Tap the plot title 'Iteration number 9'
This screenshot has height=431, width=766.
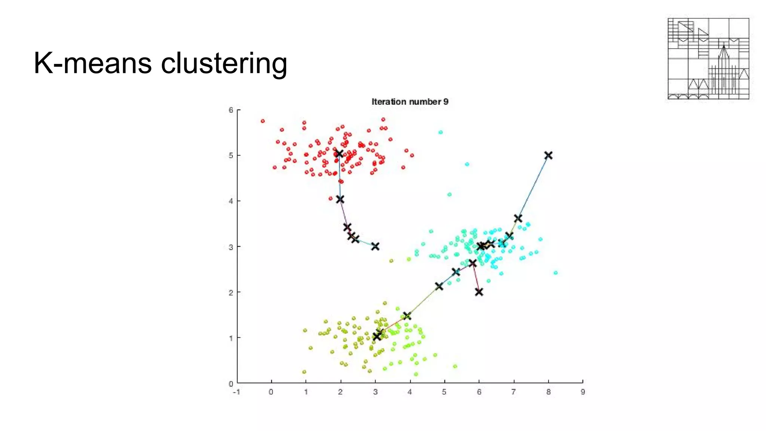[x=410, y=102]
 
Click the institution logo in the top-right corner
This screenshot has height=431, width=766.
[x=708, y=59]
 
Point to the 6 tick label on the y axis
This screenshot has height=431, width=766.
[x=231, y=110]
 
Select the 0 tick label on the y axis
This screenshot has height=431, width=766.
[x=231, y=383]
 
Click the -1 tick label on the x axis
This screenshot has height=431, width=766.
[x=236, y=392]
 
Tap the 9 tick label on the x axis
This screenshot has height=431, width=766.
[x=583, y=392]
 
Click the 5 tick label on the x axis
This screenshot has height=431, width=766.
[x=444, y=392]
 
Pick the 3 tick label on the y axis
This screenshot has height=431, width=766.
[x=231, y=247]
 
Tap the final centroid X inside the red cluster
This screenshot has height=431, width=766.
[x=339, y=154]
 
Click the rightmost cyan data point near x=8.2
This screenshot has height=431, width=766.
[x=555, y=273]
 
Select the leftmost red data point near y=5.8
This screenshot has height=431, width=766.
[x=263, y=121]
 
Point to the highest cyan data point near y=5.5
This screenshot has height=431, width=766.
[x=441, y=132]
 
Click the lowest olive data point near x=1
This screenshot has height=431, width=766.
[x=304, y=372]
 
